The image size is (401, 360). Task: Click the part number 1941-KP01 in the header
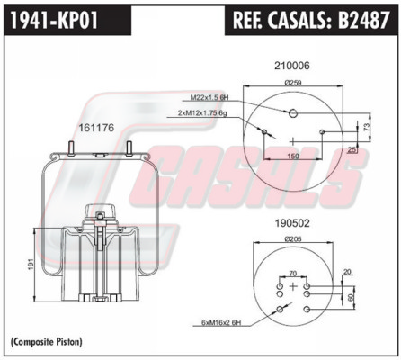click(x=54, y=20)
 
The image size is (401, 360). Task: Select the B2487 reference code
click(x=364, y=20)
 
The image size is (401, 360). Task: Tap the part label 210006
click(x=291, y=66)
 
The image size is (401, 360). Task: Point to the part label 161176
click(x=96, y=128)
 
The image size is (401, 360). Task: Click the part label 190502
click(x=292, y=223)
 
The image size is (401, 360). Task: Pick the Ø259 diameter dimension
click(x=293, y=82)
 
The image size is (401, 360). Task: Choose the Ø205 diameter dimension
click(x=293, y=238)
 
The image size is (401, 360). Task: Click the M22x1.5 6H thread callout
click(x=209, y=97)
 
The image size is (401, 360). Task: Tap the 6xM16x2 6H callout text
click(x=221, y=323)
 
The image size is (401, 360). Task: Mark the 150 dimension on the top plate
click(x=293, y=156)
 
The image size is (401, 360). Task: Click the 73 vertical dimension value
click(x=367, y=127)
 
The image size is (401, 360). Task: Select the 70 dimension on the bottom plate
click(x=293, y=274)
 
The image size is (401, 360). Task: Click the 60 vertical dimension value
click(x=351, y=297)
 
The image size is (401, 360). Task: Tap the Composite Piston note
click(x=46, y=341)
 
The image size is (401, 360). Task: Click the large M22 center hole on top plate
click(x=293, y=113)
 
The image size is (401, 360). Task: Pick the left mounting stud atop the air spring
click(x=72, y=148)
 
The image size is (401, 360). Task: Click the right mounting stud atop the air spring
click(x=129, y=148)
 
